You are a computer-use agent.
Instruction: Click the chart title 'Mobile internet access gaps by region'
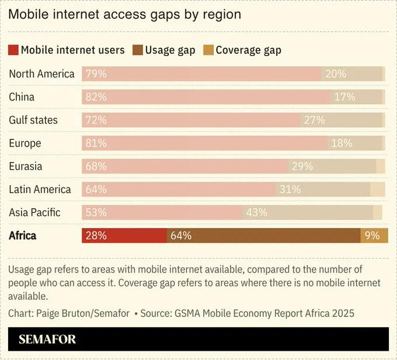(x=124, y=15)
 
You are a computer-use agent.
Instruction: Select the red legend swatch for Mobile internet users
(x=13, y=50)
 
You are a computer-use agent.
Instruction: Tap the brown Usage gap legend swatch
(x=138, y=50)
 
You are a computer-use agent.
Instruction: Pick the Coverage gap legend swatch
(x=208, y=50)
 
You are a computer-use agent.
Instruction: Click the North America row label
(x=42, y=74)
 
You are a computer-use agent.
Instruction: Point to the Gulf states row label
(x=33, y=120)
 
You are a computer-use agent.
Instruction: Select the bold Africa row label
(x=23, y=236)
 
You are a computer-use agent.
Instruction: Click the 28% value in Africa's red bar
(x=96, y=236)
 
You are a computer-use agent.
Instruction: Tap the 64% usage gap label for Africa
(x=181, y=236)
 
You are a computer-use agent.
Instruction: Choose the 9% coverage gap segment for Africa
(x=374, y=236)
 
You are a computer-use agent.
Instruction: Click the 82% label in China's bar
(x=96, y=97)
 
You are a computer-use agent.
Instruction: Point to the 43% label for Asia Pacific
(x=257, y=212)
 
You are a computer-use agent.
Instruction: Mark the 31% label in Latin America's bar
(x=290, y=189)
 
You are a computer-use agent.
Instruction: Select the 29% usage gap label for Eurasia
(x=302, y=166)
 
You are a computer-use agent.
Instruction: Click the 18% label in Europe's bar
(x=342, y=143)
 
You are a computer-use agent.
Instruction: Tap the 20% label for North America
(x=336, y=74)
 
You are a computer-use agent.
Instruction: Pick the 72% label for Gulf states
(x=96, y=120)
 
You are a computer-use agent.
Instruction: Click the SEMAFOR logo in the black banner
(x=47, y=339)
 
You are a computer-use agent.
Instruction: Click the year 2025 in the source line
(x=343, y=313)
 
